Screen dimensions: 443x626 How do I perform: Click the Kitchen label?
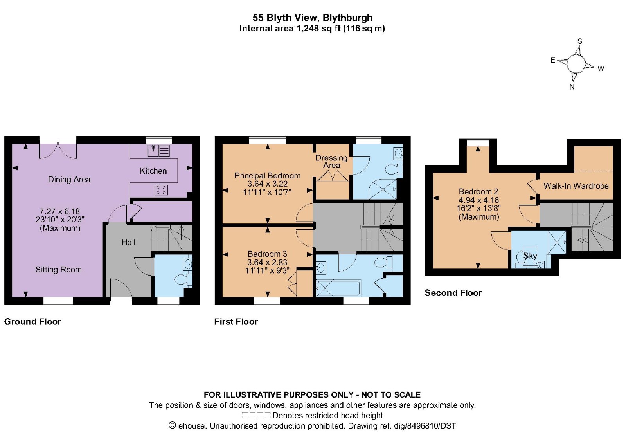pyautogui.click(x=153, y=171)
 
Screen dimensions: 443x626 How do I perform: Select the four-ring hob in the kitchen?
pyautogui.click(x=161, y=190)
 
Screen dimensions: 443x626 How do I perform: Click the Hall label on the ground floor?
pyautogui.click(x=128, y=242)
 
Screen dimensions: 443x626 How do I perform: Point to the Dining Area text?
pyautogui.click(x=69, y=180)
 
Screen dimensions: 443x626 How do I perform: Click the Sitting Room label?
pyautogui.click(x=58, y=270)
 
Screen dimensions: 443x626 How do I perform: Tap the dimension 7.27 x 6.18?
pyautogui.click(x=59, y=211)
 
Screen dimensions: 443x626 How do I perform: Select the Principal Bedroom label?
pyautogui.click(x=267, y=176)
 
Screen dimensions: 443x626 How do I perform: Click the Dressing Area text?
pyautogui.click(x=331, y=161)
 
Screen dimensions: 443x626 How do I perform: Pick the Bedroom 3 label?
pyautogui.click(x=267, y=254)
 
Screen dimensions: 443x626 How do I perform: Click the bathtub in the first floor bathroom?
pyautogui.click(x=338, y=288)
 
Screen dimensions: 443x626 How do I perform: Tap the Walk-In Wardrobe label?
pyautogui.click(x=576, y=186)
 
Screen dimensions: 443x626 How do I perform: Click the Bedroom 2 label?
pyautogui.click(x=478, y=192)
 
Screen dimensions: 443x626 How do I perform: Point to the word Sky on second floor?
pyautogui.click(x=530, y=256)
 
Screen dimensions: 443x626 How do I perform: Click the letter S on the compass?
pyautogui.click(x=580, y=41)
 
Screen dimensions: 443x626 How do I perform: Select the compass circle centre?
pyautogui.click(x=576, y=63)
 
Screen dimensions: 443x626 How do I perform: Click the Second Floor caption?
pyautogui.click(x=453, y=293)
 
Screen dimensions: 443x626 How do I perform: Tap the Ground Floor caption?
pyautogui.click(x=32, y=322)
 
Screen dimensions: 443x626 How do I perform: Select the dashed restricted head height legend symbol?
pyautogui.click(x=255, y=416)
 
